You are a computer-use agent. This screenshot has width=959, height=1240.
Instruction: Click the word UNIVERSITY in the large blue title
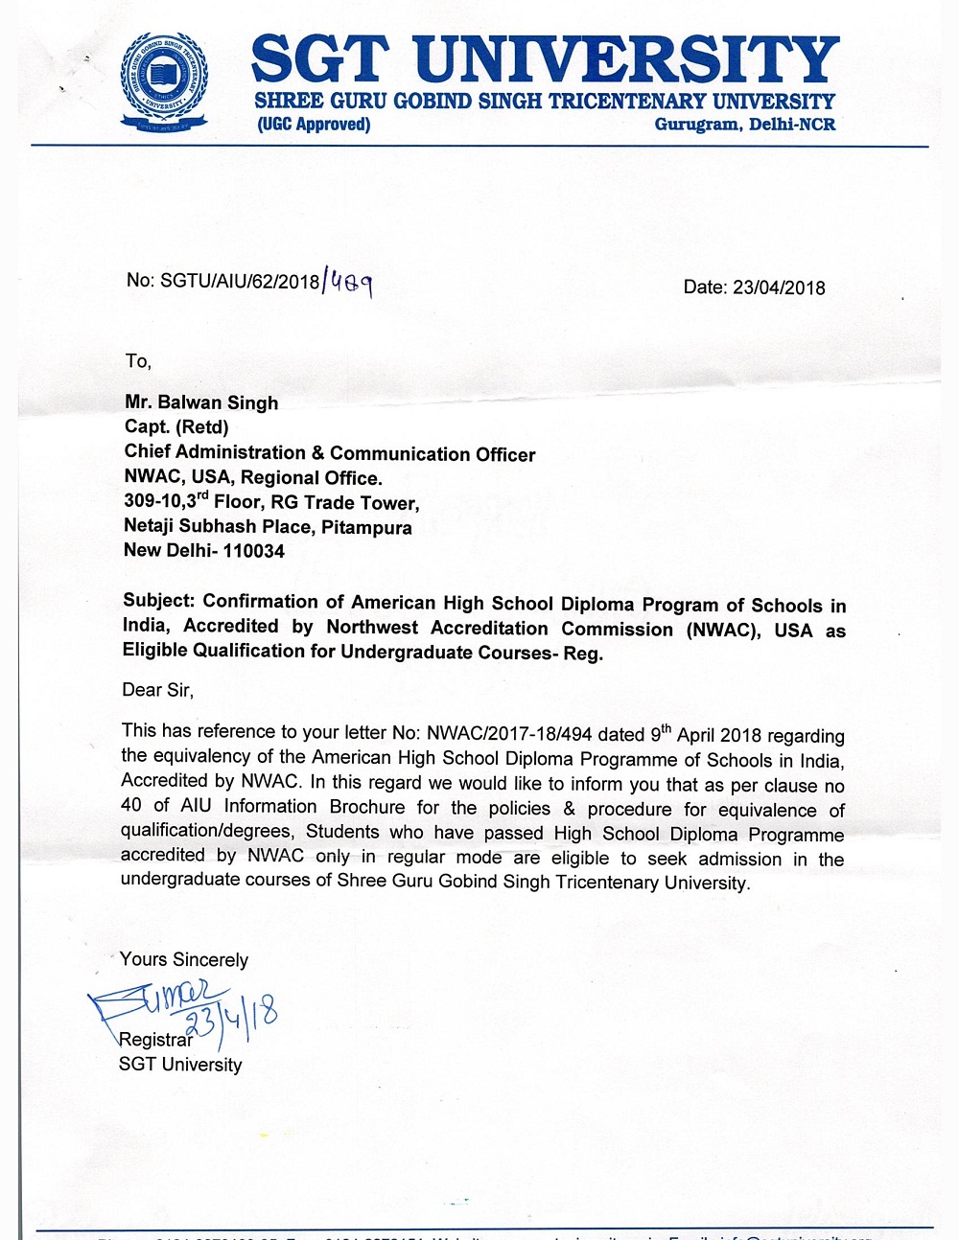628,59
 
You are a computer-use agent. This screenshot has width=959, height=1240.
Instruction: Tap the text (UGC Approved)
314,125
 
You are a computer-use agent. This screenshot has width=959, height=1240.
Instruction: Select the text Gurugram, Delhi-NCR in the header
744,125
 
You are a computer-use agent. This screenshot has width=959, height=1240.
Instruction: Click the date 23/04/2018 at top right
778,287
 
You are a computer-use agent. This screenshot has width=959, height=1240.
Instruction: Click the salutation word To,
138,361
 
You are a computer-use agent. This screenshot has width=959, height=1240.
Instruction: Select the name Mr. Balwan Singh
201,402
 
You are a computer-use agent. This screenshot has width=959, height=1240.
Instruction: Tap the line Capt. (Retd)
176,427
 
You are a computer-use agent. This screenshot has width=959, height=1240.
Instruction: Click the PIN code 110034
254,551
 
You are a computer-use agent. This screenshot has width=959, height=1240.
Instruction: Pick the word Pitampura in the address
366,527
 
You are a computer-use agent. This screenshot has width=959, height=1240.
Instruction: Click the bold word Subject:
159,602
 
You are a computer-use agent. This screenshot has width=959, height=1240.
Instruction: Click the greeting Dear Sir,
157,690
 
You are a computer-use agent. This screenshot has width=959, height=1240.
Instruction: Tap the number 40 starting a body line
131,806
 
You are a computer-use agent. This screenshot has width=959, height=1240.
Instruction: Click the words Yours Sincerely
184,960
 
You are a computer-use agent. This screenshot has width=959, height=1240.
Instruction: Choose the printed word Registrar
155,1040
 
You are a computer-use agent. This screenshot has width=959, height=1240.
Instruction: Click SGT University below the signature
180,1065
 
